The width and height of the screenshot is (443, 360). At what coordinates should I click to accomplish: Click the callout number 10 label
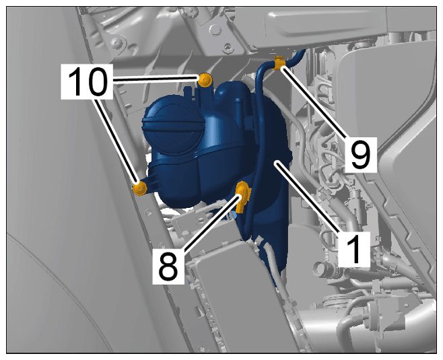[87, 81]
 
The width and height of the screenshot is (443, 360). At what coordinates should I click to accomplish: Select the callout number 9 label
[361, 155]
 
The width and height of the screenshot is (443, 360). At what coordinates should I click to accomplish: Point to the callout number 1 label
[354, 250]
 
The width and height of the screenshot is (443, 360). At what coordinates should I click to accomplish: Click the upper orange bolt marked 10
[205, 79]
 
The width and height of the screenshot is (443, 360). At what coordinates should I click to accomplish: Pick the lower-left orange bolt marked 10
[140, 188]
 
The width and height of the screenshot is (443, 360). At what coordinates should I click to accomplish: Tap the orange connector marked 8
[242, 196]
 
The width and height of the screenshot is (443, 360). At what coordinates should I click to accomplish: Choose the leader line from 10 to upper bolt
[156, 80]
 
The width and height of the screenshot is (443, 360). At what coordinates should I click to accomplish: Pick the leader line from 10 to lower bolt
[116, 141]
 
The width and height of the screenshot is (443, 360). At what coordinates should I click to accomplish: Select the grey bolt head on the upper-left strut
[116, 43]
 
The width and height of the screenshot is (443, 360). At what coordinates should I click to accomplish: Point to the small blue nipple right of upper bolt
[238, 105]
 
